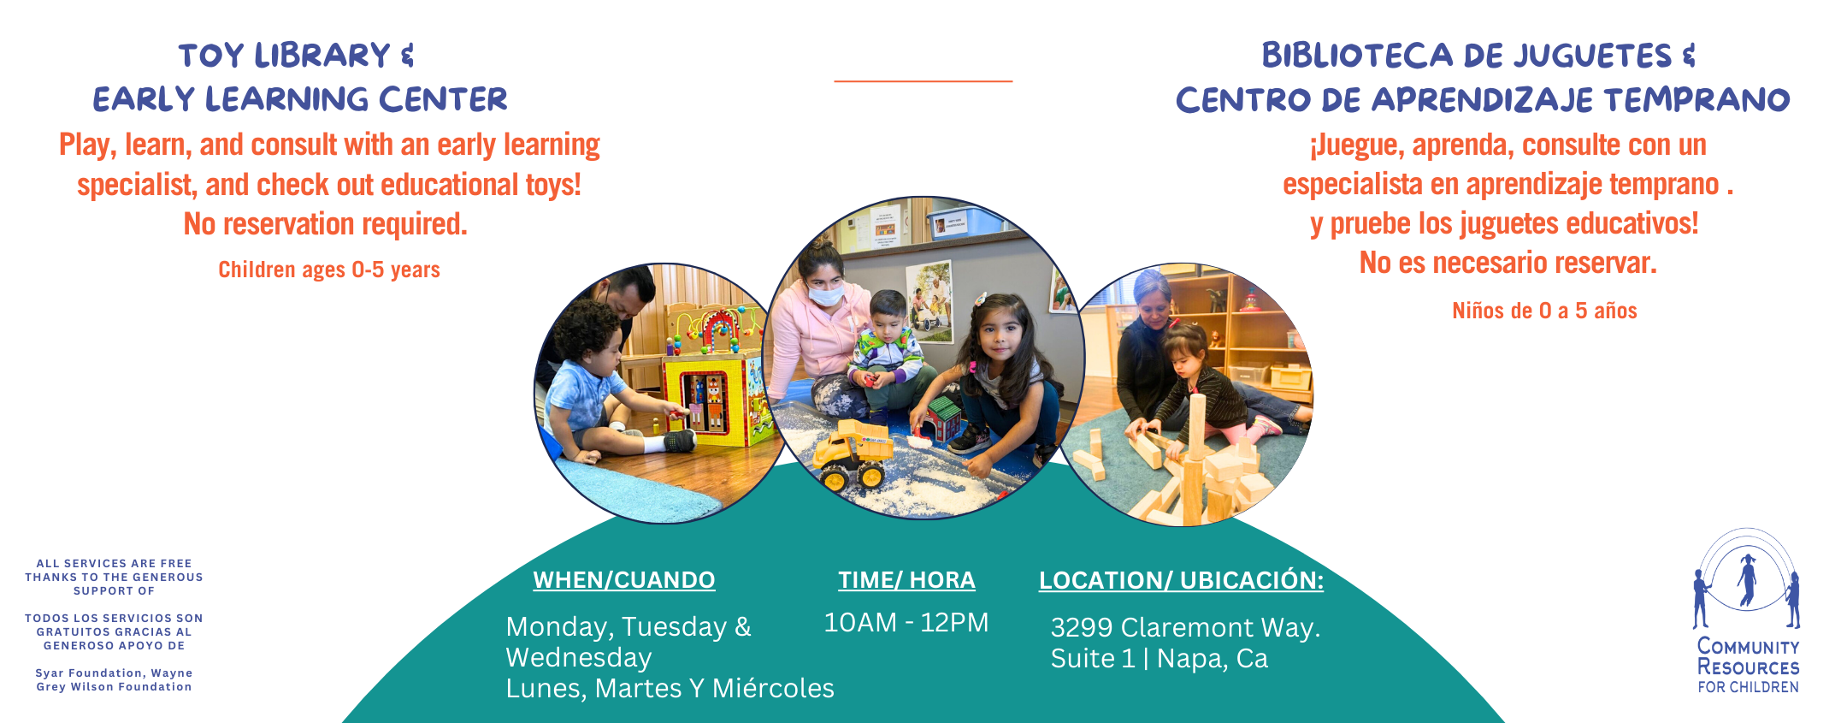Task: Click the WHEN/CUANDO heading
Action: pos(624,580)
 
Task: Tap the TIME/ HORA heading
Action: pos(906,580)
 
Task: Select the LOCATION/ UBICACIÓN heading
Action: pos(1181,580)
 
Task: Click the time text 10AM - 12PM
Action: pos(906,622)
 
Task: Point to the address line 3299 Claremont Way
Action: pos(1185,627)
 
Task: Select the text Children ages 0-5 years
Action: pos(329,270)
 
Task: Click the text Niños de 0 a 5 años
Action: pos(1544,311)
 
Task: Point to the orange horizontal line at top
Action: pos(923,81)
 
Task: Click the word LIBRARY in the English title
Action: pos(322,56)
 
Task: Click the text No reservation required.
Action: pos(326,224)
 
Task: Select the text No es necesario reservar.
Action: pos(1508,263)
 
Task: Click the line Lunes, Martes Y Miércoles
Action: pos(670,688)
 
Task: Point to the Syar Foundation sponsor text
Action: pos(114,679)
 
